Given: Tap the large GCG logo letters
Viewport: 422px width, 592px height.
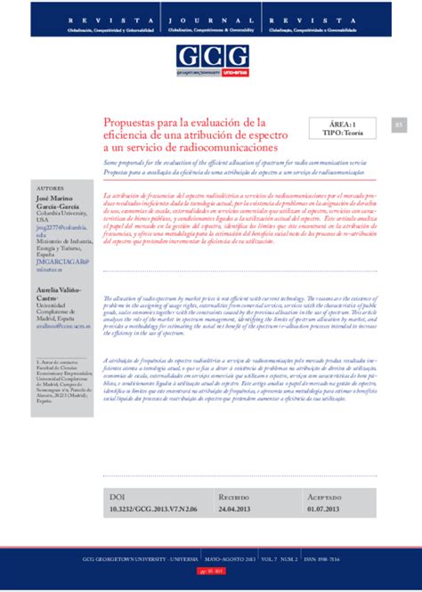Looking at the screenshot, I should (210, 55).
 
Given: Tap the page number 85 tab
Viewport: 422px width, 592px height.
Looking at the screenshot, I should (399, 126).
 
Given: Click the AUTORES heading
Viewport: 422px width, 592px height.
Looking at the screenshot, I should (49, 189).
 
